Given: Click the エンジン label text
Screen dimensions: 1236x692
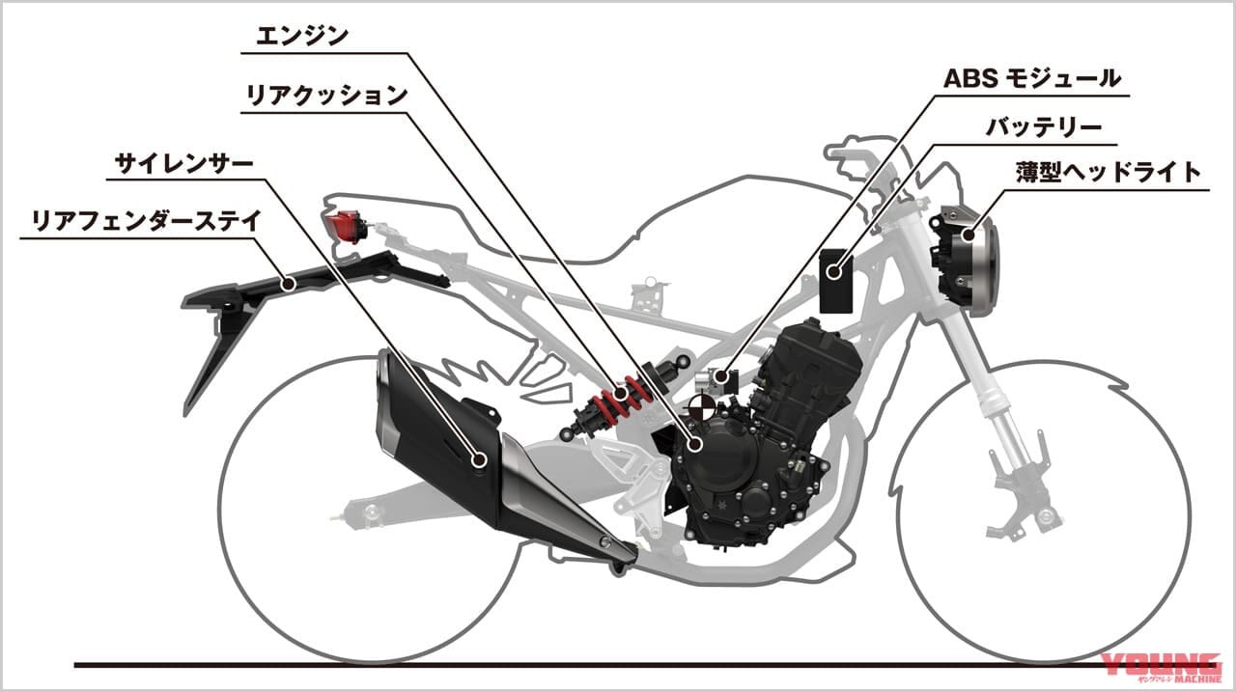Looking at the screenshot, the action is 302,37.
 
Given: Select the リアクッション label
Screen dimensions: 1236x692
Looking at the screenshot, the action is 326,96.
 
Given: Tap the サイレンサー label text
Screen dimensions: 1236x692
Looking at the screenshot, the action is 183,164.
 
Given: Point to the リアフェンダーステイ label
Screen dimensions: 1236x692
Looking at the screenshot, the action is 146,221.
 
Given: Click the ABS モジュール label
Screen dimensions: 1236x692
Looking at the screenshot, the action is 1032,79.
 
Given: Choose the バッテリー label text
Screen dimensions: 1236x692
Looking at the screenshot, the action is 1044,128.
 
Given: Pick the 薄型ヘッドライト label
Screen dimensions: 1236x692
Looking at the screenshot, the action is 1109,172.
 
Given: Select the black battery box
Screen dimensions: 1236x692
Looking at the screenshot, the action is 836,281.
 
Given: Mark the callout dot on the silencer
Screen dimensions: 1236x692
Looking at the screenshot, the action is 480,458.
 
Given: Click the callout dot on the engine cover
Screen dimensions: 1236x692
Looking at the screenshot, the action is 695,443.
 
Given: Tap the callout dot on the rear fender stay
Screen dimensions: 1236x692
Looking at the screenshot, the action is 288,285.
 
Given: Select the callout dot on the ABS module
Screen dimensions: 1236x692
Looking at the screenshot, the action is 720,377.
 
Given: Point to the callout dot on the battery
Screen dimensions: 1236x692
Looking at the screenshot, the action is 835,272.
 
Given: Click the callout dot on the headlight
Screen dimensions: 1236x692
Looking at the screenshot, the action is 968,235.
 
